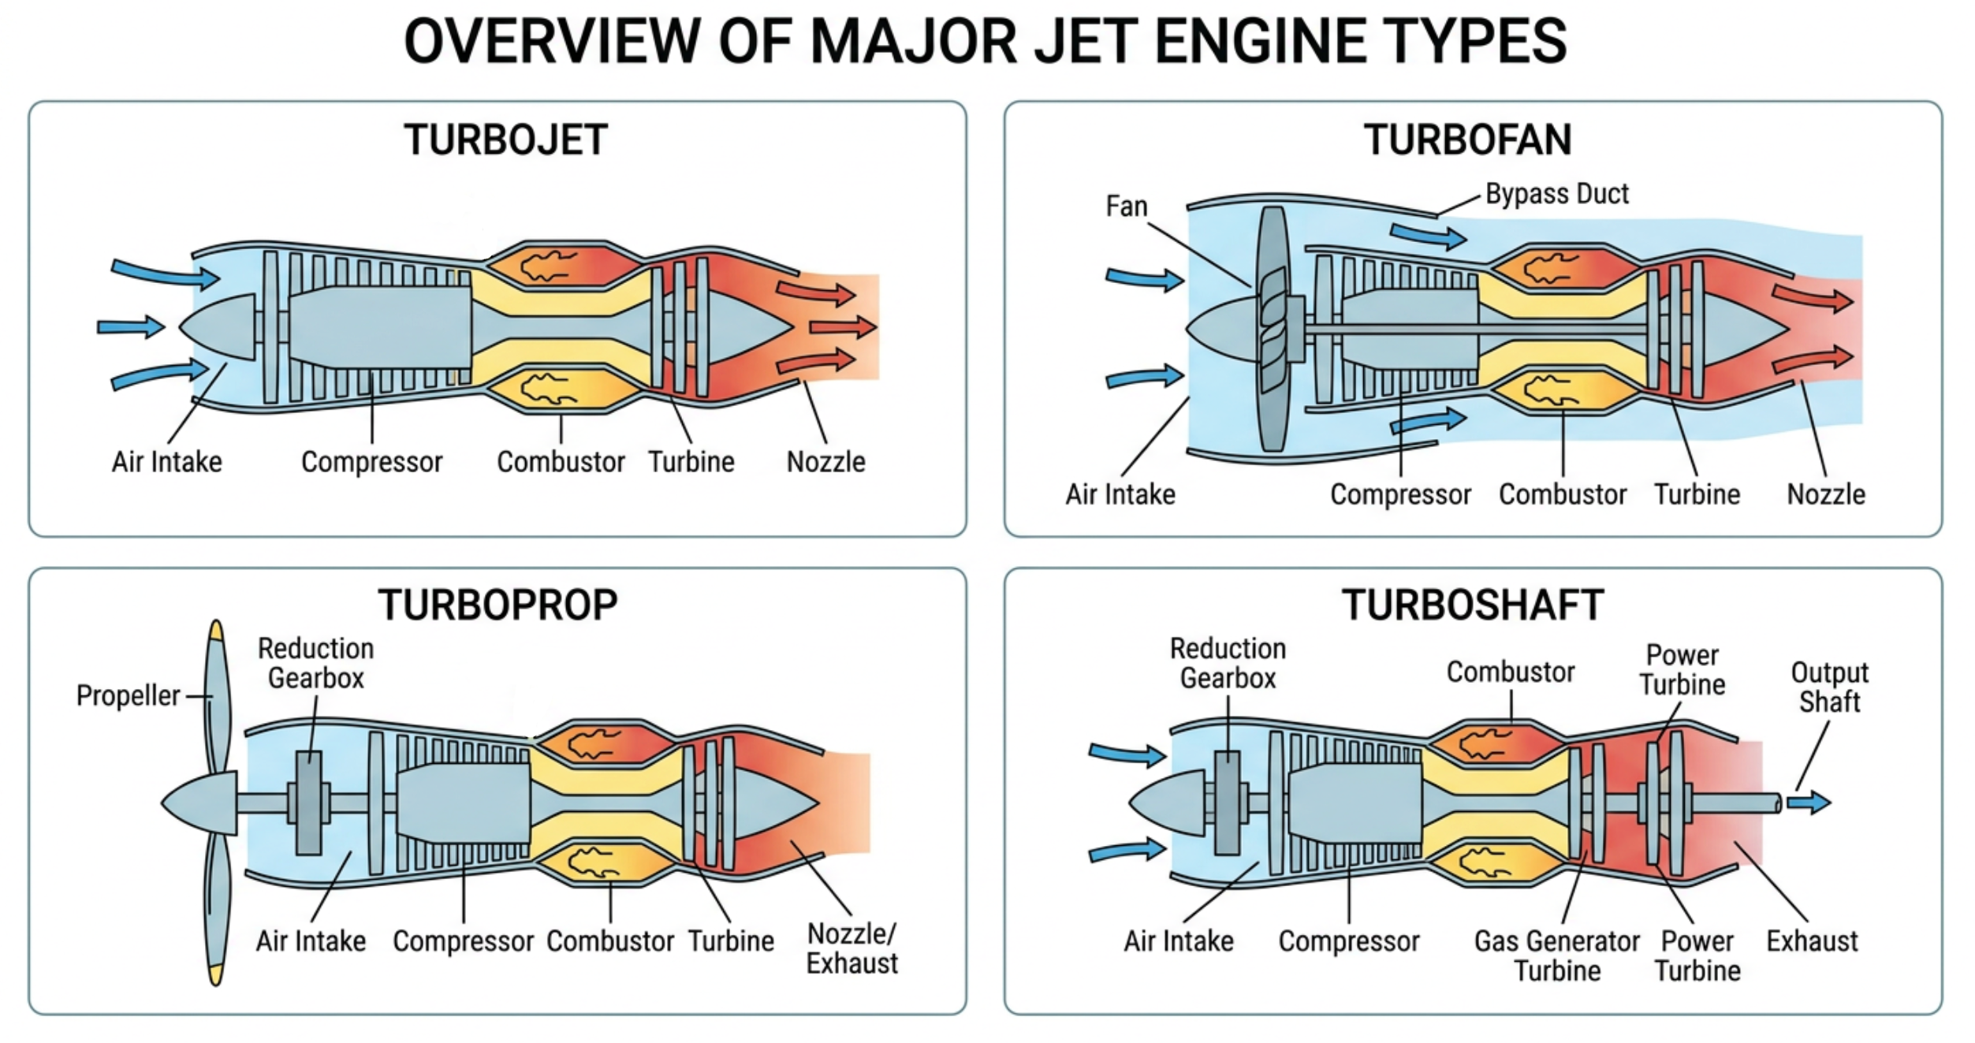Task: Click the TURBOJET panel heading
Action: point(505,140)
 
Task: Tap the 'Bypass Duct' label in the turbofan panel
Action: point(1556,194)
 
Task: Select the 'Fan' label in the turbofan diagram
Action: point(1126,207)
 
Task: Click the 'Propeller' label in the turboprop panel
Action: point(128,696)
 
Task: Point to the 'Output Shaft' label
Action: point(1829,687)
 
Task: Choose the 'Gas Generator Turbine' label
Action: point(1556,955)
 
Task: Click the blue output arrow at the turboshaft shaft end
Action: point(1809,803)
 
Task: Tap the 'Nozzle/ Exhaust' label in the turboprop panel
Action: point(851,948)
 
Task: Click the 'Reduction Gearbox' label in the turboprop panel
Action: point(316,663)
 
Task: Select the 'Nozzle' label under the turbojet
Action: point(825,462)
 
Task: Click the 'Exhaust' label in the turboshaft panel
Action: point(1812,941)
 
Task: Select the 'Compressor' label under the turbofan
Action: point(1400,495)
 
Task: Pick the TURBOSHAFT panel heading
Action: point(1473,605)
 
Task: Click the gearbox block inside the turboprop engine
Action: point(308,803)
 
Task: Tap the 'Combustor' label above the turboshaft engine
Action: point(1510,672)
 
